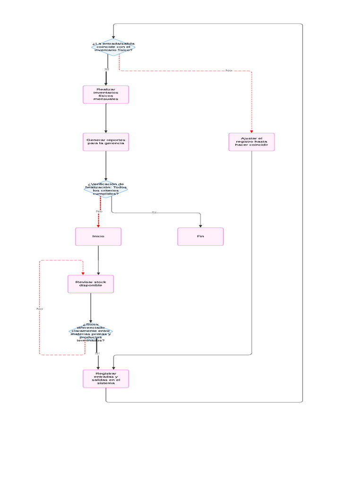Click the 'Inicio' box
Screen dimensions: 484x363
(x=98, y=236)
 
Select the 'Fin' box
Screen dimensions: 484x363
(x=200, y=236)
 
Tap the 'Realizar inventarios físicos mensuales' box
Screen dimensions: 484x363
(x=106, y=94)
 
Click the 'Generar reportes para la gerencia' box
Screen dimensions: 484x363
(x=106, y=142)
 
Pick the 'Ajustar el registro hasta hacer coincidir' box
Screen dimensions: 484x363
(x=251, y=142)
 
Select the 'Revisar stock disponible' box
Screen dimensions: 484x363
(x=91, y=284)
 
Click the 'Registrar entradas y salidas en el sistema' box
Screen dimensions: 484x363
(x=106, y=378)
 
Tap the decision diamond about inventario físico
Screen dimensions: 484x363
(x=113, y=47)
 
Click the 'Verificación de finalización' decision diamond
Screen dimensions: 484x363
(x=106, y=189)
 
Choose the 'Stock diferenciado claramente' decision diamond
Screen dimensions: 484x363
(x=91, y=332)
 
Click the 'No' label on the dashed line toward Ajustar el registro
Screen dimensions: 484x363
(x=229, y=71)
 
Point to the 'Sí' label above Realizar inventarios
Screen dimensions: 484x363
(x=107, y=69)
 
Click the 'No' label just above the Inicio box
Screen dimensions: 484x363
(x=99, y=211)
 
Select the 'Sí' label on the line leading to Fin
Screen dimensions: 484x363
(x=154, y=213)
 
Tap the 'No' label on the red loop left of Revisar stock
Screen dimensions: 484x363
(x=40, y=309)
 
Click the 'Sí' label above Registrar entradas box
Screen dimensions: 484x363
(x=97, y=353)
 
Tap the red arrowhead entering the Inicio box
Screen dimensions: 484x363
(x=98, y=225)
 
